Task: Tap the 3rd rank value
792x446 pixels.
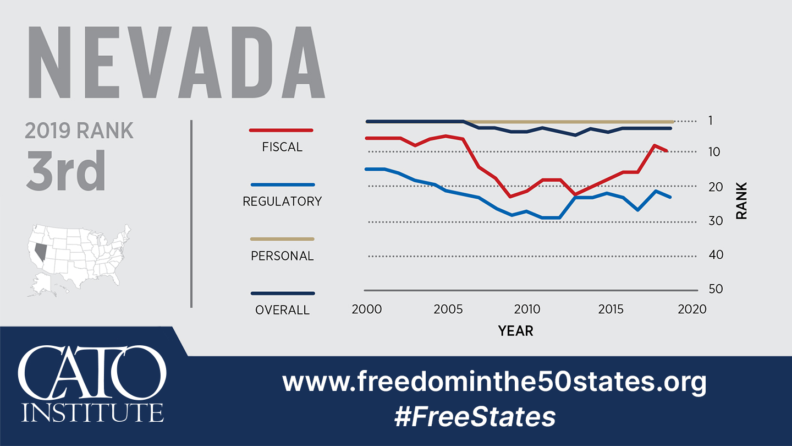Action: pos(65,171)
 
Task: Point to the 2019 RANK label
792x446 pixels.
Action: pos(79,130)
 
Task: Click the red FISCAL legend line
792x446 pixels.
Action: pos(281,130)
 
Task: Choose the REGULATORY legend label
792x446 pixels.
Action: pos(282,202)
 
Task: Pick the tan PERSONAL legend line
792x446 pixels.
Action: pos(282,239)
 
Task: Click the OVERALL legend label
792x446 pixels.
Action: pos(282,310)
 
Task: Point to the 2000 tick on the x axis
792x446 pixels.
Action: pos(366,309)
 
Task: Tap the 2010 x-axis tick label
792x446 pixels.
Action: pos(527,309)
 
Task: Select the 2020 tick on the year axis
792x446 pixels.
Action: pos(692,309)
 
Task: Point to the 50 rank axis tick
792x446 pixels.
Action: pos(700,289)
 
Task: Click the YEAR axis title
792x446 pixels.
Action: pos(515,330)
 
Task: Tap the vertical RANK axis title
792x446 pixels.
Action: pos(741,201)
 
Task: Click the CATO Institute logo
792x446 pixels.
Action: pos(92,384)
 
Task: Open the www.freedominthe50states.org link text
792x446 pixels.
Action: pos(494,382)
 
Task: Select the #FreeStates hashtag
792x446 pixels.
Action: pos(475,417)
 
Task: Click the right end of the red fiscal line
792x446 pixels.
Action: pos(667,150)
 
